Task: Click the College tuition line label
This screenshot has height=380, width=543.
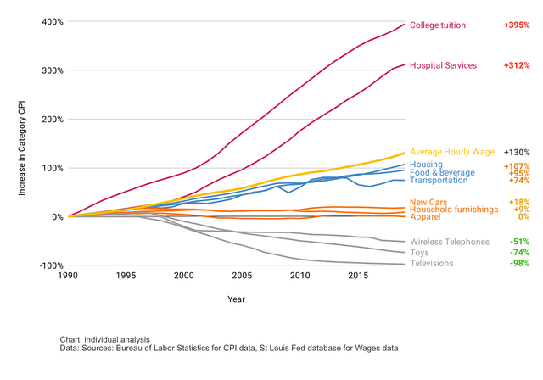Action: (x=438, y=25)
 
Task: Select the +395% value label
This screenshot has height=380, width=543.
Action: (x=516, y=25)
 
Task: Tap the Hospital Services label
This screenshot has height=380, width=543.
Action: (x=443, y=65)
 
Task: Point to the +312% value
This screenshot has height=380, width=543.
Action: (x=516, y=65)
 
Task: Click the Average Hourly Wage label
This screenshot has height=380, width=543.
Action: (x=452, y=152)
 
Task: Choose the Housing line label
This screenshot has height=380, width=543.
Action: (x=427, y=165)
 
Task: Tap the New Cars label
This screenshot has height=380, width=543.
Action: (x=429, y=202)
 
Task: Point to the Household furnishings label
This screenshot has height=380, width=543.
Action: (x=453, y=209)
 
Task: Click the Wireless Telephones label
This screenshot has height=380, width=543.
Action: (x=450, y=242)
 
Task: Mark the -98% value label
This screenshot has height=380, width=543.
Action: (x=518, y=263)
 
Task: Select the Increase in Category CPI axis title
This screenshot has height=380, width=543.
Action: (x=23, y=144)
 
